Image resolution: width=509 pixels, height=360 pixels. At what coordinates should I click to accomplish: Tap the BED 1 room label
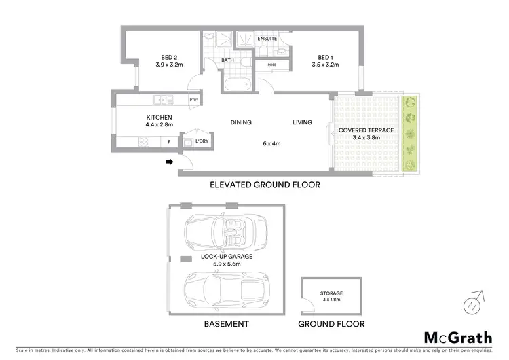[x=326, y=57]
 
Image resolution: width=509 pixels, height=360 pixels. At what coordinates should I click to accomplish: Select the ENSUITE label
[x=267, y=39]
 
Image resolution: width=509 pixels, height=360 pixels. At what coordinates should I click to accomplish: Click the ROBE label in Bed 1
[x=271, y=66]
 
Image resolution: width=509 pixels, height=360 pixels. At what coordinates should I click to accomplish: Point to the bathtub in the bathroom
[x=237, y=86]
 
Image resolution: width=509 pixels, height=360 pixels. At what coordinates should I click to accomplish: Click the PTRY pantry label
[x=193, y=101]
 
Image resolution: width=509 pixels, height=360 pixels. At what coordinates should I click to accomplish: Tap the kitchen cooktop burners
[x=144, y=142]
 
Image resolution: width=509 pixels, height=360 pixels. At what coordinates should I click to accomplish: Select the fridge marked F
[x=169, y=142]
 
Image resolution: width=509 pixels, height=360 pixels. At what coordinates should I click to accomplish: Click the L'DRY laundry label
[x=202, y=141]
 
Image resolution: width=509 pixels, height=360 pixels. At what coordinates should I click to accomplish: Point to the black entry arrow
[x=169, y=162]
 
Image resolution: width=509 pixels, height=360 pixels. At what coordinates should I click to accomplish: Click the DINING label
[x=241, y=122]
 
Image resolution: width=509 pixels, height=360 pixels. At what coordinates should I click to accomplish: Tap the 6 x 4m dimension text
[x=272, y=143]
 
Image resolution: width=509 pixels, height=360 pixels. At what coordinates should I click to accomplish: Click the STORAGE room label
[x=332, y=293]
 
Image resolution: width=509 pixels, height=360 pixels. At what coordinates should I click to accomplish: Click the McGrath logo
[x=458, y=337]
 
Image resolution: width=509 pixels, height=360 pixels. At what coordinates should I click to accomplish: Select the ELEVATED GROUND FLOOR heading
[x=265, y=184]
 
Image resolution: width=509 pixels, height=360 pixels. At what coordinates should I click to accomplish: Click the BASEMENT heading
[x=227, y=324]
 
